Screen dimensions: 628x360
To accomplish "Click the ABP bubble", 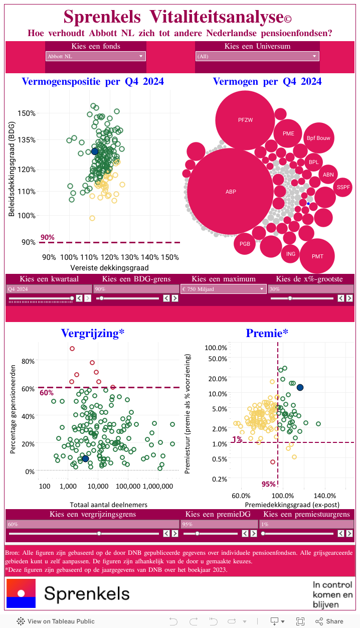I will click(x=231, y=191).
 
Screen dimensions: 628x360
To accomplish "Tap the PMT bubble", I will click(x=317, y=256).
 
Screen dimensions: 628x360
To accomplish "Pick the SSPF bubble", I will click(x=343, y=187).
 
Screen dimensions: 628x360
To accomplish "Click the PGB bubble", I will click(x=245, y=244).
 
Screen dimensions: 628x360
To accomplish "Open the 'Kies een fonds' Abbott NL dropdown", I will click(x=95, y=56).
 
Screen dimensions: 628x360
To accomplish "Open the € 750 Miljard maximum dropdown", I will click(x=223, y=289).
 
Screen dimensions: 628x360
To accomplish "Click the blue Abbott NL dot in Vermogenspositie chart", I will click(x=94, y=151).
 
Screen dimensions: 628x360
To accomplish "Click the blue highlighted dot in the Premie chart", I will click(x=300, y=387).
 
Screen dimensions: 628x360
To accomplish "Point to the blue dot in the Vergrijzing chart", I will click(x=85, y=458).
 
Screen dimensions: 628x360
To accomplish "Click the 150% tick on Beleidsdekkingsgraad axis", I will click(x=27, y=113).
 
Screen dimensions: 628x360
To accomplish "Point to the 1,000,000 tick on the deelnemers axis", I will click(x=157, y=486).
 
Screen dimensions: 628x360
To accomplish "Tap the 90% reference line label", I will click(x=48, y=237).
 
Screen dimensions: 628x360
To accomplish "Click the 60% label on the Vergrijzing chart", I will click(x=47, y=393).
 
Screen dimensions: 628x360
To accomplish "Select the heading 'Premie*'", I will click(x=267, y=333).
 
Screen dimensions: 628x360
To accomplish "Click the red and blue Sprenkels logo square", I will click(x=21, y=593).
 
